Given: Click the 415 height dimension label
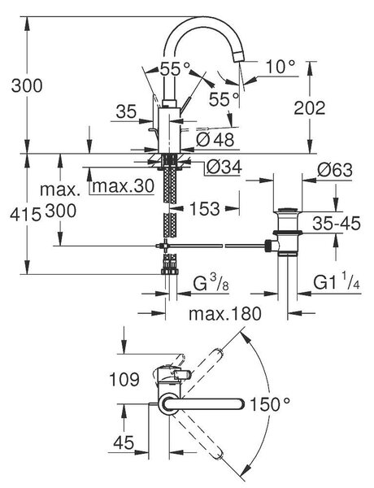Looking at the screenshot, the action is point(25,214).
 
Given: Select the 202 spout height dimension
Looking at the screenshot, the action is point(309,108).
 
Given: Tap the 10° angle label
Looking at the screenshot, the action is point(280,67).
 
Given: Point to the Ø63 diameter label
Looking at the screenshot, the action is point(335,170).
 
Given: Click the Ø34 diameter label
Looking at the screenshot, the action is point(224,168).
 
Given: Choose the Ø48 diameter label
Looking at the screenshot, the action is point(215,139).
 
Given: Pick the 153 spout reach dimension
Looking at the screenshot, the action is point(204,208).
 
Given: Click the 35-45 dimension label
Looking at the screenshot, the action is point(337,223).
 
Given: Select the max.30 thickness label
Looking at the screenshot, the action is point(124,186).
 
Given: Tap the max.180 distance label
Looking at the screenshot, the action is point(225,313).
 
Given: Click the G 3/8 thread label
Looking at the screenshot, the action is point(211,283).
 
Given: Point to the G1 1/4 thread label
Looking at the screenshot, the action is point(337,281).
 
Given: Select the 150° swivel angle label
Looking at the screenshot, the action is point(270,404).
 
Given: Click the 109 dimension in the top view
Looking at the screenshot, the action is point(124,379).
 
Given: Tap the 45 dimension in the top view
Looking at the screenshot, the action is point(124,442).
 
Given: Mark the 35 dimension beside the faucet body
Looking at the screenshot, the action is point(126,111).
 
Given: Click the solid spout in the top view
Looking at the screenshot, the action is point(203,404).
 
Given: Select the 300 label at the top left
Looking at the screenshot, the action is point(27,85).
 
